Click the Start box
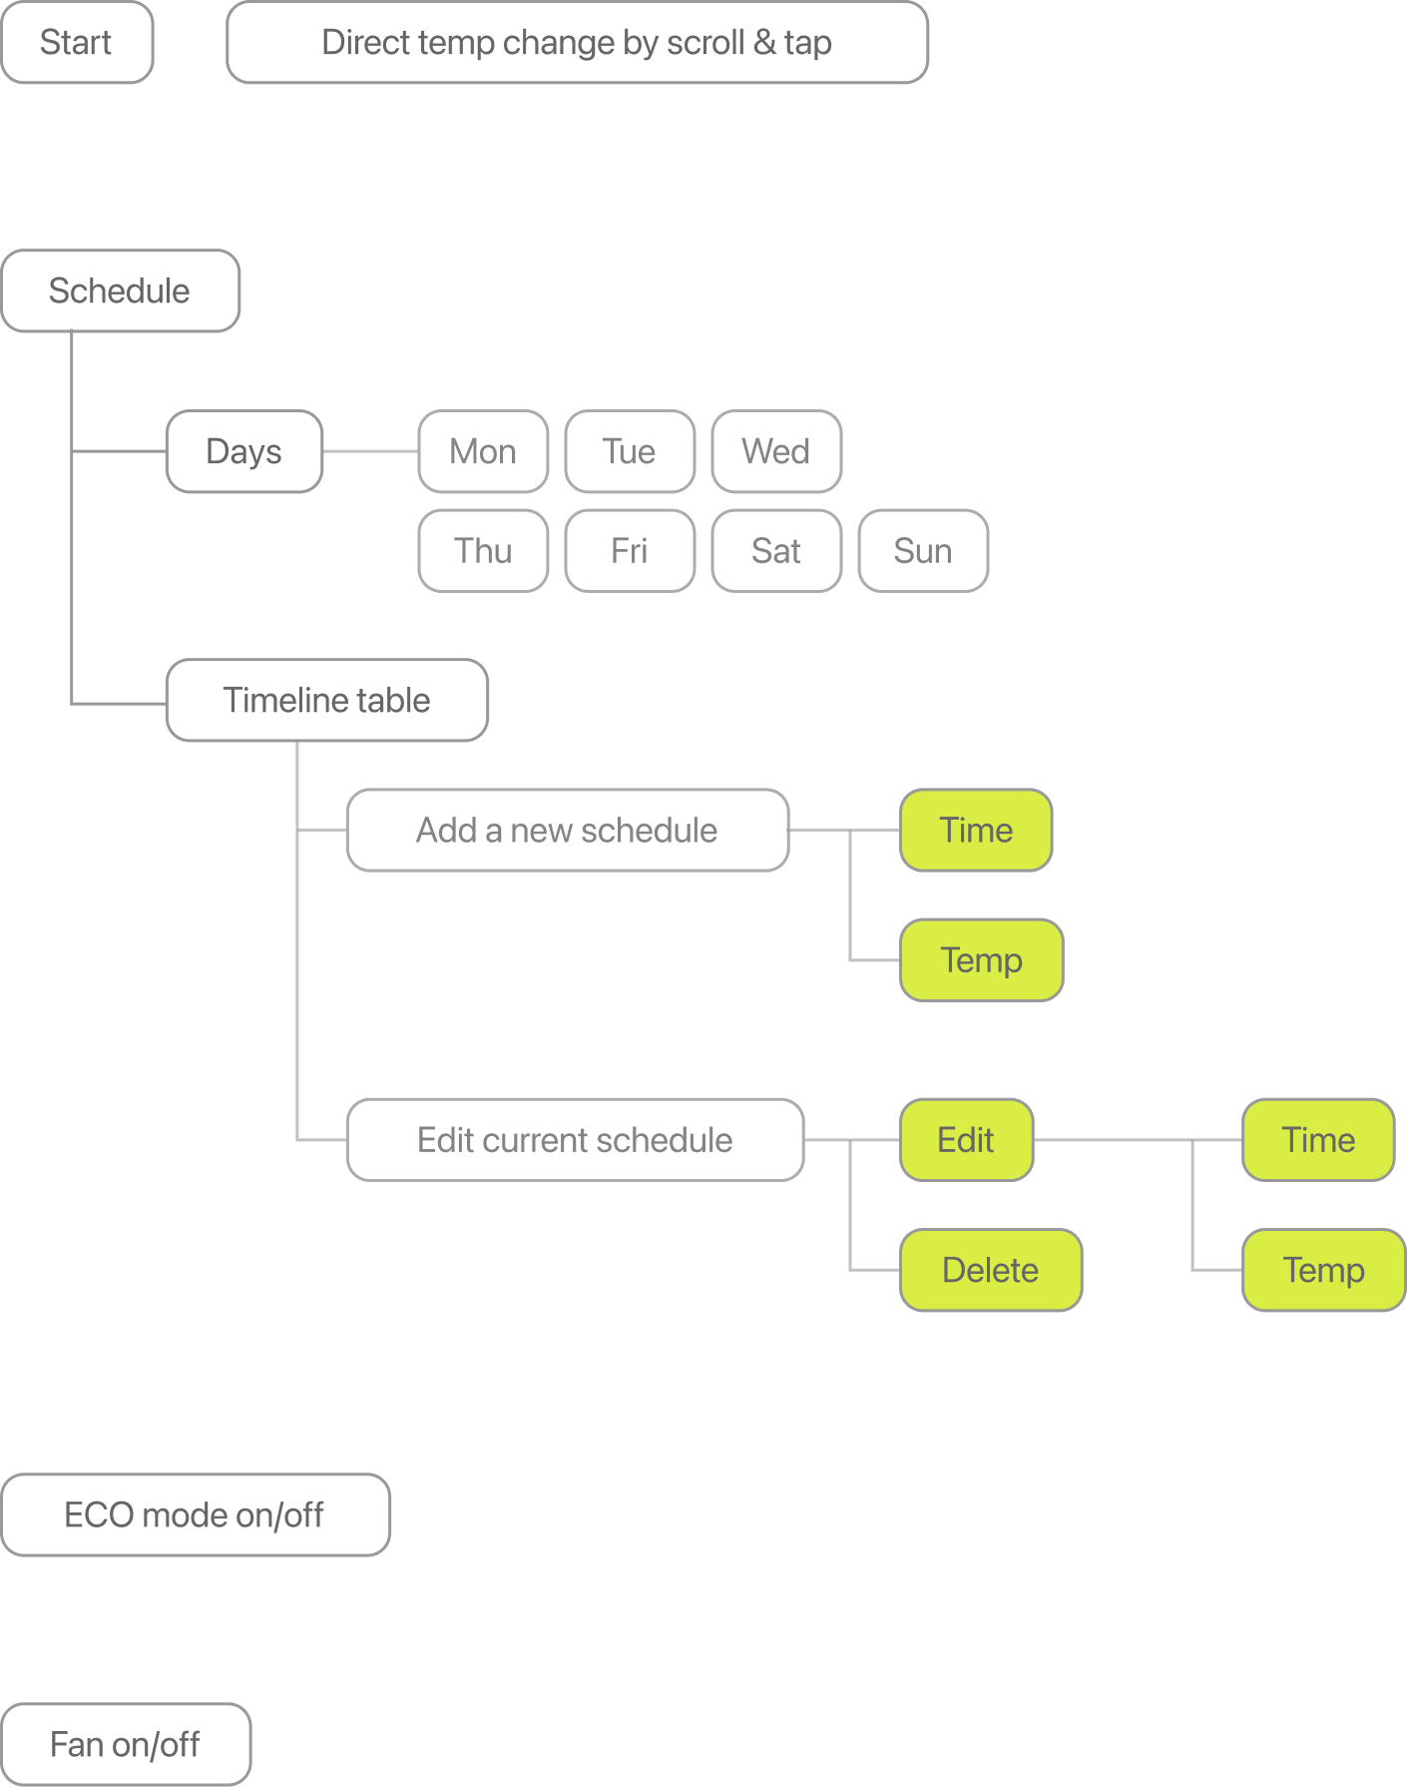(x=77, y=42)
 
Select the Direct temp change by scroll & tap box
(x=577, y=42)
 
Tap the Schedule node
(x=120, y=291)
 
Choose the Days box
(x=244, y=451)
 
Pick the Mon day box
(x=483, y=451)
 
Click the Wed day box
(x=776, y=451)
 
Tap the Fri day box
(x=630, y=551)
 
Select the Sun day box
(x=923, y=551)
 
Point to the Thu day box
(x=483, y=551)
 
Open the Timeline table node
(x=327, y=700)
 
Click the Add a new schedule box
(x=568, y=831)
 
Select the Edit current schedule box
(x=575, y=1140)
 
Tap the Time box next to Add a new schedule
(x=976, y=831)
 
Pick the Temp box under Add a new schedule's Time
(x=982, y=960)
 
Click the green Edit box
(x=966, y=1140)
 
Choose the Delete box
(x=991, y=1270)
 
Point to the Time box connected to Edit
(x=1318, y=1140)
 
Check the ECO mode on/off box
(x=196, y=1514)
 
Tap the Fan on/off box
(x=126, y=1744)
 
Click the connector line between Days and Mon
(x=370, y=451)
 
